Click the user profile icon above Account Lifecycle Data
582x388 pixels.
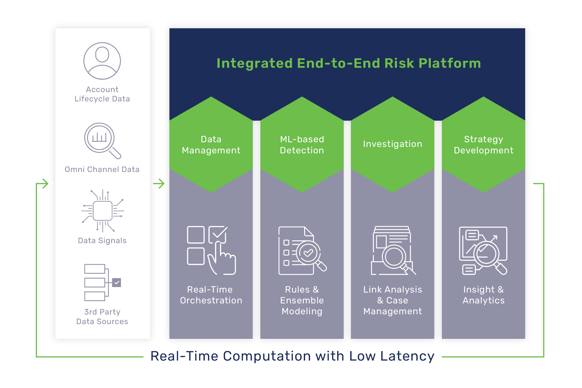point(102,61)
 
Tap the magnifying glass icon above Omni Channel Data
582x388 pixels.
point(103,141)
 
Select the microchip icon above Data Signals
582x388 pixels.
point(103,211)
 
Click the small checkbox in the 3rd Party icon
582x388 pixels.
point(117,282)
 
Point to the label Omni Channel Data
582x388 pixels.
point(102,169)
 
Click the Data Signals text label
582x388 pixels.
point(102,241)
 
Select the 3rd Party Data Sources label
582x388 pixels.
point(102,317)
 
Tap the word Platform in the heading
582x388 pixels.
point(450,63)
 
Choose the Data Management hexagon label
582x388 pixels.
point(211,145)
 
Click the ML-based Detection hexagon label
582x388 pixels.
point(302,145)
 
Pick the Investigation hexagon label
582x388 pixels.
point(392,144)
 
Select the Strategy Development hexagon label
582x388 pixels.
point(483,145)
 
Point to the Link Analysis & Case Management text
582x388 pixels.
point(392,300)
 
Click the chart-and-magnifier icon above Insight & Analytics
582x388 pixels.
point(483,250)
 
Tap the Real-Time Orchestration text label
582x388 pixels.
point(211,295)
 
